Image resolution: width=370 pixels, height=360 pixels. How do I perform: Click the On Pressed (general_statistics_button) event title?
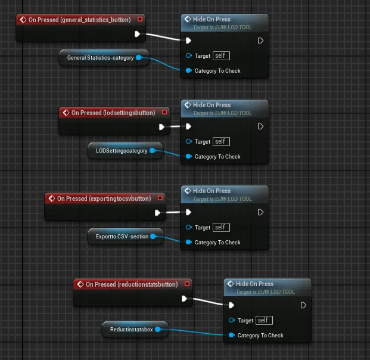pyautogui.click(x=79, y=20)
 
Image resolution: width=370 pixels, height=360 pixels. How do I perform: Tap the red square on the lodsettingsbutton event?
pyautogui.click(x=164, y=112)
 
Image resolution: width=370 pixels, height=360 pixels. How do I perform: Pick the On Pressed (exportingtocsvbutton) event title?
pyautogui.click(x=104, y=198)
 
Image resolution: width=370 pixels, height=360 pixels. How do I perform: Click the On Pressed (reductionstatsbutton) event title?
pyautogui.click(x=132, y=284)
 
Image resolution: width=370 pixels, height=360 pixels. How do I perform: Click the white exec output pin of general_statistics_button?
pyautogui.click(x=137, y=34)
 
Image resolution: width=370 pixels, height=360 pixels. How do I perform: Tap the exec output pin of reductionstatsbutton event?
pyautogui.click(x=184, y=299)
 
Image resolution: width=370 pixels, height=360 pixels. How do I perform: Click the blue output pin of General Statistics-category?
pyautogui.click(x=139, y=58)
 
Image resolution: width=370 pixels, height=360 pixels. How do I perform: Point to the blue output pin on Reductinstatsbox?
pyautogui.click(x=158, y=330)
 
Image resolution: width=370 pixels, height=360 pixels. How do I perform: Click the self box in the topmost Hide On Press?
pyautogui.click(x=221, y=55)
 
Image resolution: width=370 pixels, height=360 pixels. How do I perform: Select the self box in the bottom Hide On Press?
pyautogui.click(x=264, y=320)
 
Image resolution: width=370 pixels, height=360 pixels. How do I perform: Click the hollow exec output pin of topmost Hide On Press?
pyautogui.click(x=260, y=41)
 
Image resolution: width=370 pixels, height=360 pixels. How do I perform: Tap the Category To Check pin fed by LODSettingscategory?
pyautogui.click(x=188, y=156)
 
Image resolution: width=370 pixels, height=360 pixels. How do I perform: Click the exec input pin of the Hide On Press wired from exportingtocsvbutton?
pyautogui.click(x=188, y=212)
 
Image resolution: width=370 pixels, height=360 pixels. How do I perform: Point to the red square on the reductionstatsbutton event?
pyautogui.click(x=187, y=284)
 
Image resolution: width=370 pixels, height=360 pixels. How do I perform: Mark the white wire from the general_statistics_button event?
pyautogui.click(x=163, y=37)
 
